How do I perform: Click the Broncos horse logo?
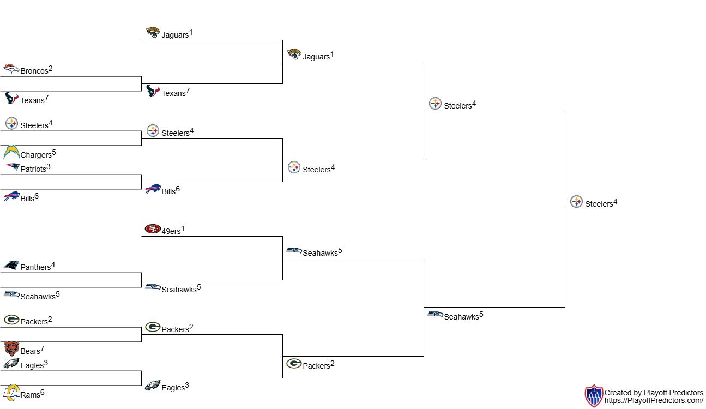11,69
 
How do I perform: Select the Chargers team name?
36,155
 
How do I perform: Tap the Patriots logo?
11,167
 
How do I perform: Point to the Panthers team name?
35,268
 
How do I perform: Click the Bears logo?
11,349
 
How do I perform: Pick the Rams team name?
30,395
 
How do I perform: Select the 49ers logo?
153,229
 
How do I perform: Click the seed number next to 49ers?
183,228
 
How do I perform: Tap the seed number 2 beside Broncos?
51,69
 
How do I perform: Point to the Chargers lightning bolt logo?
11,152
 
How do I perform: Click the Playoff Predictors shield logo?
593,396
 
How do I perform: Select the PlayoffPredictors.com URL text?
654,401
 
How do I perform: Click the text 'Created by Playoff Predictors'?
654,393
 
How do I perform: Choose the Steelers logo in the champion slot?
576,202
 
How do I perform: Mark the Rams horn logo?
11,393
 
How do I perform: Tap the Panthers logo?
11,265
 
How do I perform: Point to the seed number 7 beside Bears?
43,349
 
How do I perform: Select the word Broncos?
34,71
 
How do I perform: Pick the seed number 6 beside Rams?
43,392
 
